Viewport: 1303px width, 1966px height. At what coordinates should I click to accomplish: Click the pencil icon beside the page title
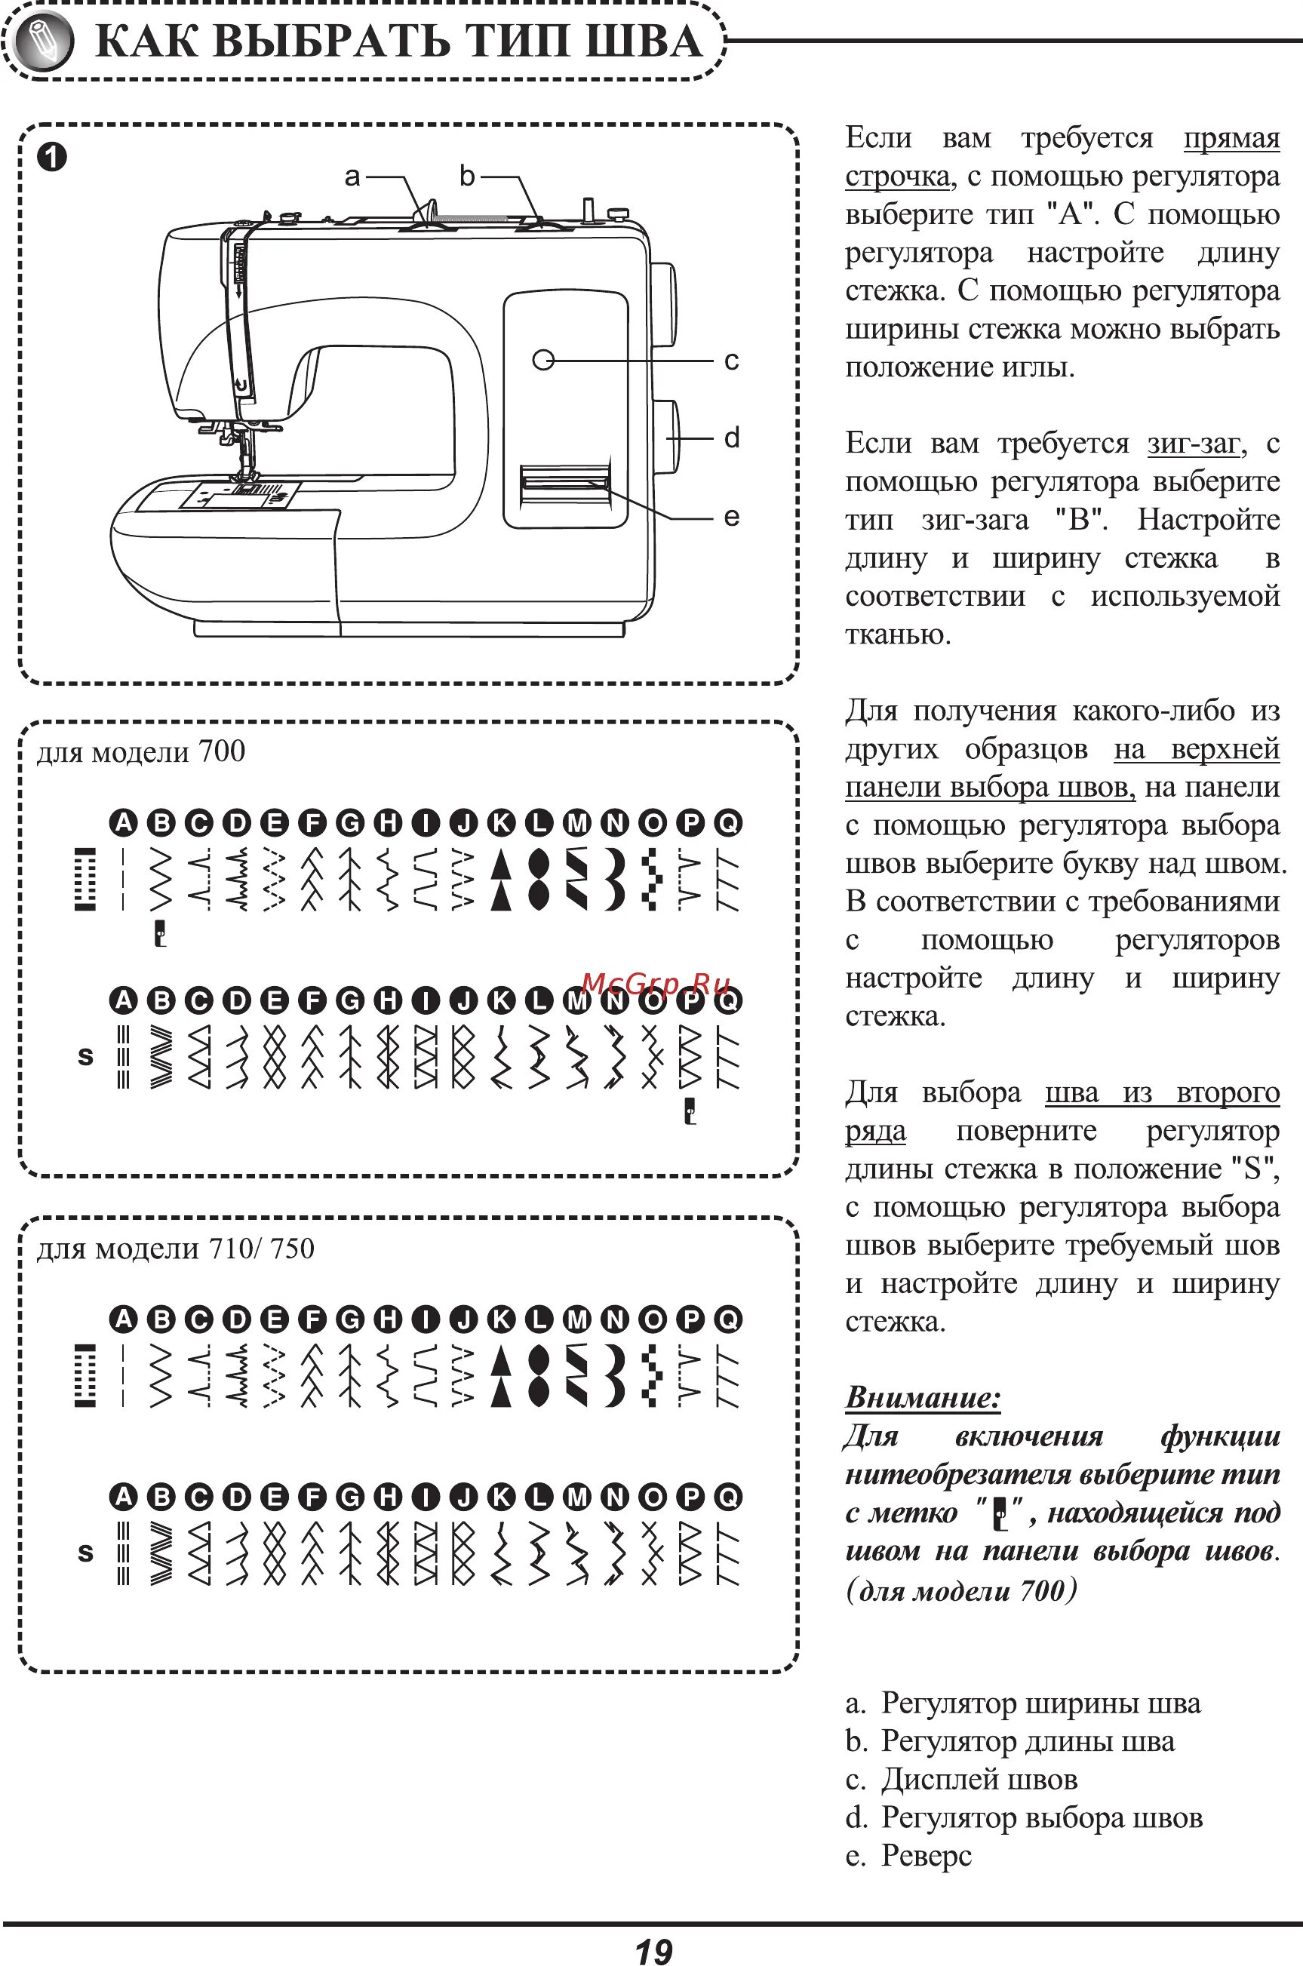click(x=41, y=41)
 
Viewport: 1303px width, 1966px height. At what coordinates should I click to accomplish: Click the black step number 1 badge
click(x=51, y=157)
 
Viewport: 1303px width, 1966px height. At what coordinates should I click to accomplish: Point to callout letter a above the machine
click(x=352, y=177)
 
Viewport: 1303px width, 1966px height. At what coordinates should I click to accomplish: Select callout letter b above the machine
click(x=467, y=177)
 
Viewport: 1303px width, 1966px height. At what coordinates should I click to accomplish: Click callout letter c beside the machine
click(x=731, y=361)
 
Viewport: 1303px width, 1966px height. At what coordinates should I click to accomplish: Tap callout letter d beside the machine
click(x=731, y=438)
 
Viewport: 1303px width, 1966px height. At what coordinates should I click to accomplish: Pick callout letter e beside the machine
click(x=731, y=517)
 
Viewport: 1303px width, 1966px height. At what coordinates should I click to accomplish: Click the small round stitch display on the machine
click(x=543, y=360)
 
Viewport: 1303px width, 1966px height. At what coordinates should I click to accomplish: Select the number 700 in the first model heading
click(x=222, y=751)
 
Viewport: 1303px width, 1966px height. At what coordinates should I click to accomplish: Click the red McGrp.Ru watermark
click(x=656, y=984)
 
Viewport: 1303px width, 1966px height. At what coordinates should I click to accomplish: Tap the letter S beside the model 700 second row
click(x=85, y=1056)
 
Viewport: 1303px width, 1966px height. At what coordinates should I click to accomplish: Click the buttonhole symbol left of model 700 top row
click(x=85, y=879)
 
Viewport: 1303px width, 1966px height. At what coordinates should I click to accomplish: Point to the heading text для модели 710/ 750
click(x=175, y=1248)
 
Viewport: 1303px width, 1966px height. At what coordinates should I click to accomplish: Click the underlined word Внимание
click(x=923, y=1397)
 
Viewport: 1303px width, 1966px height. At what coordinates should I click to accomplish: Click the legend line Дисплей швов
click(x=978, y=1779)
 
